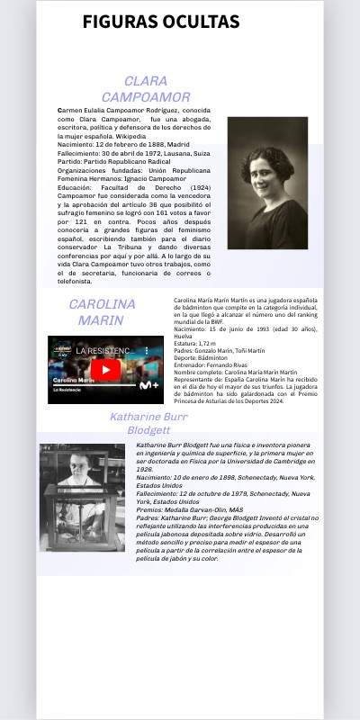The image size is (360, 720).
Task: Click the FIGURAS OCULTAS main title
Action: [x=161, y=22]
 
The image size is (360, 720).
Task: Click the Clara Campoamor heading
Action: [x=145, y=89]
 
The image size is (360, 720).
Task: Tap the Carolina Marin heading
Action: [x=102, y=311]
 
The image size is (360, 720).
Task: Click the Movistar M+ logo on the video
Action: [x=148, y=384]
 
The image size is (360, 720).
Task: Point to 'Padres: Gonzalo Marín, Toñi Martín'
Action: [x=219, y=351]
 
